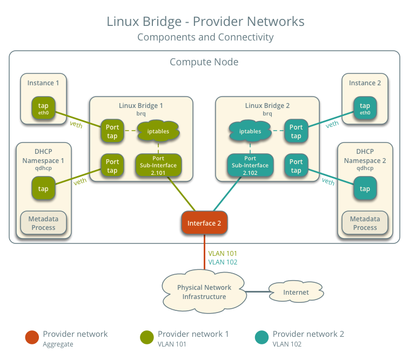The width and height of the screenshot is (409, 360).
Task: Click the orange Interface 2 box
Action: click(204, 223)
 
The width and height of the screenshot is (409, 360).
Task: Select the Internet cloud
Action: click(296, 292)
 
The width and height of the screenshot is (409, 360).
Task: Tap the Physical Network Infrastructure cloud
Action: click(204, 292)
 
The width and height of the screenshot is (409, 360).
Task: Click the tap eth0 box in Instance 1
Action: click(43, 108)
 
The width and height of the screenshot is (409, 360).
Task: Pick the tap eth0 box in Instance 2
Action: click(365, 108)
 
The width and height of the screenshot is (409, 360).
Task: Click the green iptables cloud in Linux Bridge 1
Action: click(158, 131)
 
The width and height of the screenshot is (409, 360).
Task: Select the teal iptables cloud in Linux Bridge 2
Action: click(250, 131)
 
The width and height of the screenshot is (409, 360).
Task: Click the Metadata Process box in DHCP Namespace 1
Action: click(43, 223)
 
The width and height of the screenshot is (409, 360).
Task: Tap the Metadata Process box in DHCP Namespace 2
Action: click(365, 223)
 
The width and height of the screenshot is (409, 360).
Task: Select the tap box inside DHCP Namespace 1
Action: click(43, 189)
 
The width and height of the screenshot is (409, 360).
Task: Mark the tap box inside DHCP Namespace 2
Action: click(365, 189)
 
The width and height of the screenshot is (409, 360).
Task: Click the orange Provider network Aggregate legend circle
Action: click(32, 337)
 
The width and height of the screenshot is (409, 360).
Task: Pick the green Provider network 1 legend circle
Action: click(146, 337)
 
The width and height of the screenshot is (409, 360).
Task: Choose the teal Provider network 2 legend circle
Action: click(262, 337)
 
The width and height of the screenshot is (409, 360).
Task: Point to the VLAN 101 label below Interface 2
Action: click(223, 253)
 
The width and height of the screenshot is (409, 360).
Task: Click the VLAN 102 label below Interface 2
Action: click(223, 262)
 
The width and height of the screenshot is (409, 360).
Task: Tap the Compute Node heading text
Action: click(204, 62)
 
